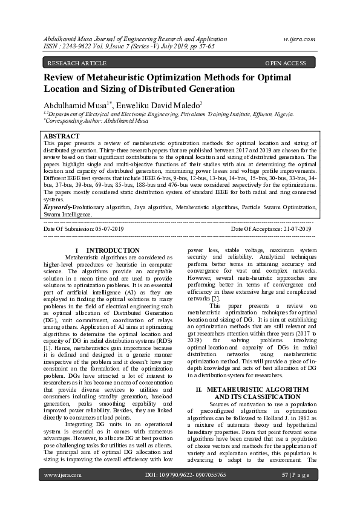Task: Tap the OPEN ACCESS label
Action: click(x=286, y=63)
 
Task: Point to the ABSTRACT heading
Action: click(x=61, y=137)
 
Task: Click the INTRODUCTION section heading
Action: click(x=113, y=250)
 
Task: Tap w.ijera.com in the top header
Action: click(x=299, y=39)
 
